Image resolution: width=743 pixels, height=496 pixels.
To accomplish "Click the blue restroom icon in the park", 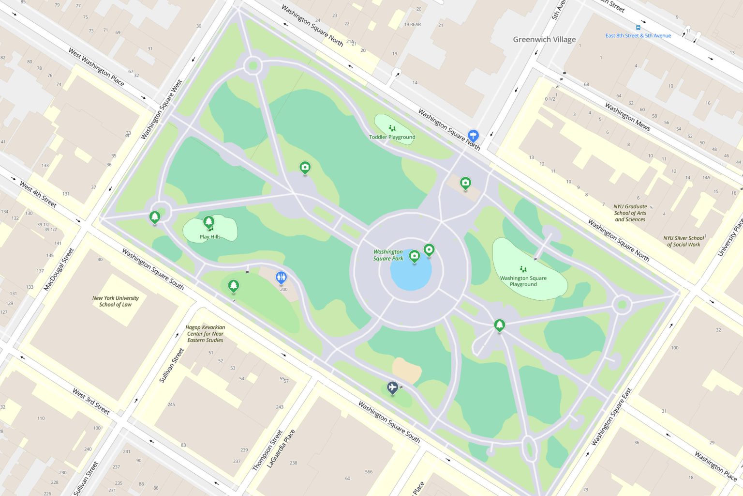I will tap(281, 278).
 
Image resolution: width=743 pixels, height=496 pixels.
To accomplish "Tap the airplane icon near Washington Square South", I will tap(392, 387).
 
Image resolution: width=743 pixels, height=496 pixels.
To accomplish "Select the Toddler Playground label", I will tap(392, 137).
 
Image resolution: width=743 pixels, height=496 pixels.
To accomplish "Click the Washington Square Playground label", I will tap(523, 281).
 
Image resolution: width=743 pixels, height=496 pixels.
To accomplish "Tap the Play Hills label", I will tap(210, 237).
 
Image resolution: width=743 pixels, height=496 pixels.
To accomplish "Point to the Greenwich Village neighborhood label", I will tap(544, 40).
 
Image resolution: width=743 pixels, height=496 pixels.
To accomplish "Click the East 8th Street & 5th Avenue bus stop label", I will tap(638, 35).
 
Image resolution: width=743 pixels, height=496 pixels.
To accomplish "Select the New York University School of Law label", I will tap(115, 301).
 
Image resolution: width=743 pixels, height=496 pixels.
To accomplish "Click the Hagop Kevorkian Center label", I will tap(205, 334).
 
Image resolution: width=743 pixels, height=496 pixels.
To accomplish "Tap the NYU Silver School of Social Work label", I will tap(684, 241).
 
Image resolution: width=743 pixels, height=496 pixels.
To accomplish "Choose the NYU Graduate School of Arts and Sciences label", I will tap(630, 213).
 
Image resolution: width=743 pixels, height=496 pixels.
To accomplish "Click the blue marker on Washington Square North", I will tap(473, 135).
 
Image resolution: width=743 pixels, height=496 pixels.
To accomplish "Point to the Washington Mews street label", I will tap(627, 117).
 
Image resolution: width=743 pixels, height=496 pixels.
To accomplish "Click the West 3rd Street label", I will tap(91, 401).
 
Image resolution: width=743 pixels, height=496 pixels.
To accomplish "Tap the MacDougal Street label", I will tap(59, 269).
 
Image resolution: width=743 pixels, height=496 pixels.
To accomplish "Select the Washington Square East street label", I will tap(611, 417).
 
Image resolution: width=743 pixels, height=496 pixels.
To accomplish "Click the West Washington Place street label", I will tap(96, 67).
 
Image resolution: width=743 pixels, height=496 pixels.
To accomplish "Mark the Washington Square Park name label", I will tap(388, 255).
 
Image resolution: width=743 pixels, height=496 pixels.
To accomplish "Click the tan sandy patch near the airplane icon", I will tap(406, 370).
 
